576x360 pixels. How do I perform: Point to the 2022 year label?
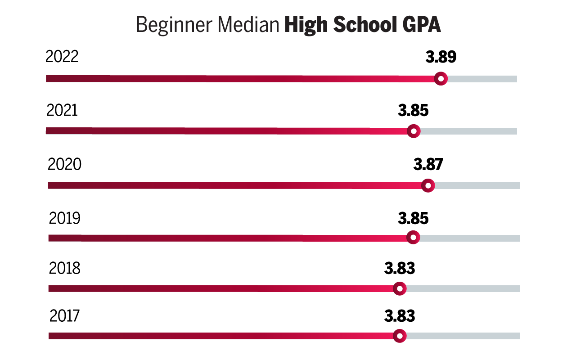pos(62,57)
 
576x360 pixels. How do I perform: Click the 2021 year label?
pos(62,110)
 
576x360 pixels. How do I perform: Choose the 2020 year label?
pos(64,165)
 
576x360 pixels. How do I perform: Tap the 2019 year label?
pos(64,219)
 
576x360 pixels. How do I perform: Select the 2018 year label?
pos(64,268)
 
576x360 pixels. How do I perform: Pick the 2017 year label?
pos(64,316)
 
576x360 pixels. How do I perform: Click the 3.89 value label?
pos(441,57)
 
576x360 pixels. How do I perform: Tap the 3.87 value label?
pos(428,165)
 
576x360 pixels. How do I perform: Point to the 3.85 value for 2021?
pos(413,110)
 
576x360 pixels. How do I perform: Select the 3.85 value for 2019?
pos(413,219)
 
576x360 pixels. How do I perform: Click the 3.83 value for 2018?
pos(400,269)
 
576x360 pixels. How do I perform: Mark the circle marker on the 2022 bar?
pos(441,79)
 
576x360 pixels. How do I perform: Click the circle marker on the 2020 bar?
pos(428,185)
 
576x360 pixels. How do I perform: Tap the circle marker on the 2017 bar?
pos(399,336)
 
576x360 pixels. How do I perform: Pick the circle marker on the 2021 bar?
pos(414,131)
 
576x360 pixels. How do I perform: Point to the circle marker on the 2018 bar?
pos(399,288)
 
